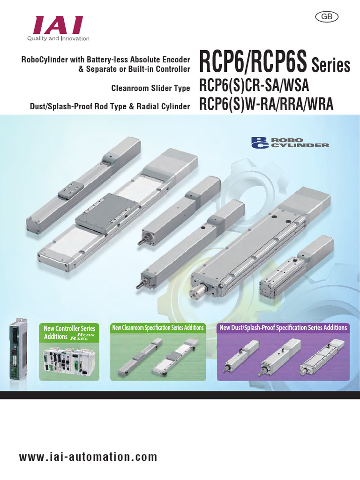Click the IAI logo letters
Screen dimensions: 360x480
coord(59,25)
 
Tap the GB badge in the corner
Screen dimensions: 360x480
coord(327,16)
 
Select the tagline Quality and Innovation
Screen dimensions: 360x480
coord(58,38)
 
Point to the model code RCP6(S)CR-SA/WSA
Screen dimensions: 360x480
coord(254,85)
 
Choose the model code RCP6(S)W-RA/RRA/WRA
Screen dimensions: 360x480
coord(266,104)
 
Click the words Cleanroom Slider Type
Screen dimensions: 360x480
coord(150,88)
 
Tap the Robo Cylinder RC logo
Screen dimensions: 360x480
coord(290,142)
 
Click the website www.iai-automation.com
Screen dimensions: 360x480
coord(88,457)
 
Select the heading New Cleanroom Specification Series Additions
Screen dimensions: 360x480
coord(157,328)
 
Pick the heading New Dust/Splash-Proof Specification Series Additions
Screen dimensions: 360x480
coord(283,328)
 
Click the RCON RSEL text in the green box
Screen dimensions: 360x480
coord(82,337)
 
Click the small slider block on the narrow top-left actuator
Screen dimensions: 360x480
coord(71,189)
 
